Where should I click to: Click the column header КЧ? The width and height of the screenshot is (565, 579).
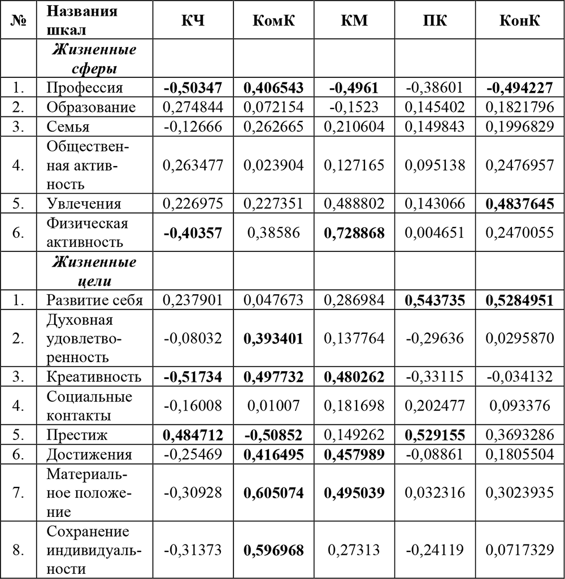[193, 21]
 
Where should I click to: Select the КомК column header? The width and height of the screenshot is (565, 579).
[273, 21]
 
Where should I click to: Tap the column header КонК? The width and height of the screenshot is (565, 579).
[519, 21]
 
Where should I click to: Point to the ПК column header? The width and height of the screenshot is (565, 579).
[434, 21]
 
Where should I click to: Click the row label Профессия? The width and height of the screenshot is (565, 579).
[84, 88]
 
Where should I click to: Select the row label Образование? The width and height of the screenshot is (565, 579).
[92, 107]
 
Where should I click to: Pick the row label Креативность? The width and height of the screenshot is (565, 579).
[93, 377]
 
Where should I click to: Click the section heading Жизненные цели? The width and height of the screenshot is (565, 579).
[94, 271]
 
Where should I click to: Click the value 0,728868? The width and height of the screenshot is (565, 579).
[354, 233]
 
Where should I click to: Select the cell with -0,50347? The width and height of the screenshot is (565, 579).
[193, 88]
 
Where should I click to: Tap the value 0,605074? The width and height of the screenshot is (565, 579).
[273, 493]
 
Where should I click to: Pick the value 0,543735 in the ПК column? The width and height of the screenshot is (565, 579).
[434, 300]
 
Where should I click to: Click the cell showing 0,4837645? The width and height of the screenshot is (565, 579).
[519, 203]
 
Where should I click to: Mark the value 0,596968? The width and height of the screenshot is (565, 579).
[273, 550]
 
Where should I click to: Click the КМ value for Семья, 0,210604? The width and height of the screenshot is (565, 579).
[354, 127]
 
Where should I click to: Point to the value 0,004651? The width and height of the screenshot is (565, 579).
[434, 233]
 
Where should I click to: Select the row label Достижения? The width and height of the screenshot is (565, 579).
[89, 455]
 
